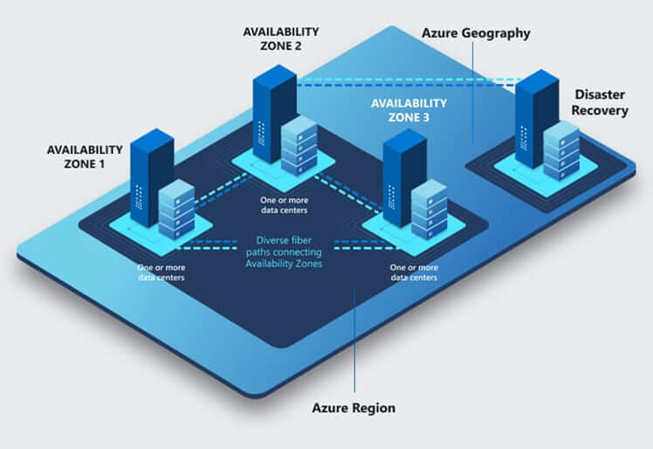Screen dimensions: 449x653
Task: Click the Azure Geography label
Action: pyautogui.click(x=476, y=33)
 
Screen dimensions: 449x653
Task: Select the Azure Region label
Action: pyautogui.click(x=354, y=408)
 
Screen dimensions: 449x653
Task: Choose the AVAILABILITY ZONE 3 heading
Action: pyautogui.click(x=409, y=110)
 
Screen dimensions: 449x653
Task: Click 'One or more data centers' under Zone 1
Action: pyautogui.click(x=162, y=272)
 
